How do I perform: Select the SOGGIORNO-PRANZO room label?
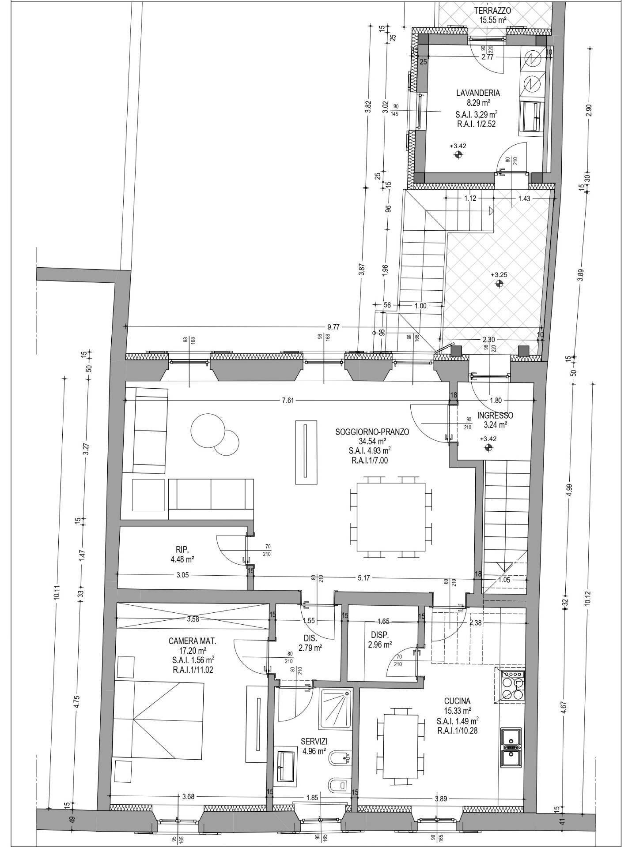point(372,432)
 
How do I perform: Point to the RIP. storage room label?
point(182,550)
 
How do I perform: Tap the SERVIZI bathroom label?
point(314,742)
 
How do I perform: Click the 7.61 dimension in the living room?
point(288,401)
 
